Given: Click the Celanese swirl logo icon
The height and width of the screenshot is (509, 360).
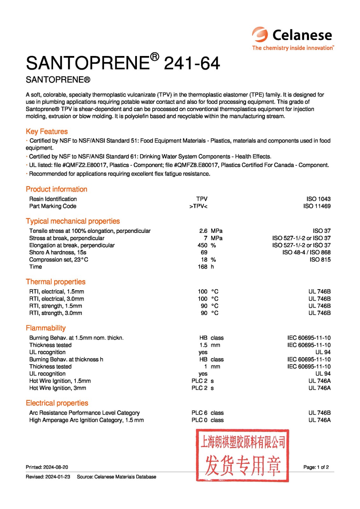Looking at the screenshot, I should point(260,34).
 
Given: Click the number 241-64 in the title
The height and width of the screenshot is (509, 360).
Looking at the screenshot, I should point(192,63).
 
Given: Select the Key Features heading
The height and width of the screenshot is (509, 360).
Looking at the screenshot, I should point(47,131).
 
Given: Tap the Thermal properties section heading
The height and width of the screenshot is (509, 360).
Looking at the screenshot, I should point(56,282).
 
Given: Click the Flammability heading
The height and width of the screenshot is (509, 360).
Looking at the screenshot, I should point(46,328).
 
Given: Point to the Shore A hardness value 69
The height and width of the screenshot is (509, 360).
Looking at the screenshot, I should point(204,252).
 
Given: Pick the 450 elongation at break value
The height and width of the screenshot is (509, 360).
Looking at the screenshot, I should point(202,245).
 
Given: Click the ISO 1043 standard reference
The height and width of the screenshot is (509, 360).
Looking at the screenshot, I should point(318,199).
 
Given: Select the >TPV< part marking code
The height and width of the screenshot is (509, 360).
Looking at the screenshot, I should point(198,206).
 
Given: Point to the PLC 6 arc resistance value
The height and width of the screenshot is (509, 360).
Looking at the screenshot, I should point(200,413).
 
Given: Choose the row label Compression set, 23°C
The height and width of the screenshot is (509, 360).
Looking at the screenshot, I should point(59,260).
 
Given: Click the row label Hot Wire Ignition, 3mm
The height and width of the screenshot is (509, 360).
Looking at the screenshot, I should point(58,388).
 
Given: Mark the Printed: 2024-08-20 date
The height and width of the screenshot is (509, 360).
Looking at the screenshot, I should point(47,467).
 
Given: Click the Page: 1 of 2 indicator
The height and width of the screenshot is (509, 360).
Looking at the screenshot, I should point(316,467).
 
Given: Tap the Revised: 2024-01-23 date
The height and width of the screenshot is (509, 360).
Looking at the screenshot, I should point(48,477).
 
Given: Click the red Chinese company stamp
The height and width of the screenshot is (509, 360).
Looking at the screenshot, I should point(243,455).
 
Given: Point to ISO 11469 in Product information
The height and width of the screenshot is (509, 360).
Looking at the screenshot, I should point(317,206).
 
